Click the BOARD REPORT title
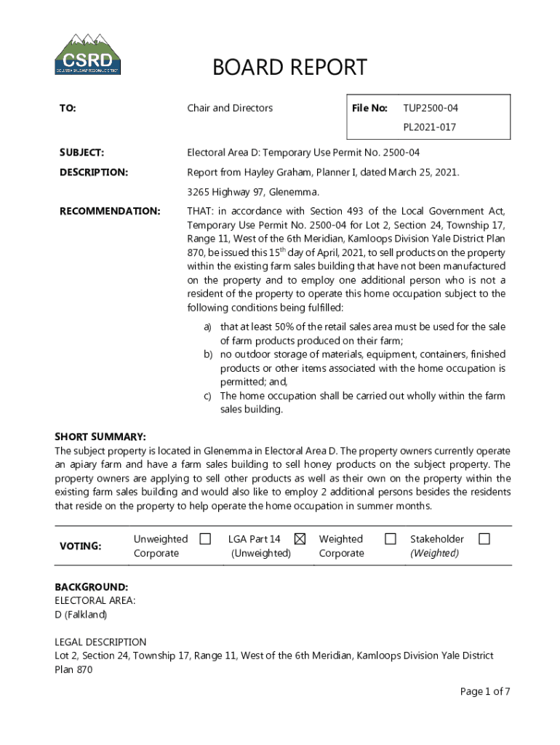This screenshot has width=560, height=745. pos(289,68)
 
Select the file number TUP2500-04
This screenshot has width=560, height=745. pos(431,108)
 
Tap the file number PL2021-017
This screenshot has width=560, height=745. pos(430,127)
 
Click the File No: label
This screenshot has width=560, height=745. pos(369,108)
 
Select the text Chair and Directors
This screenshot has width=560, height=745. pos(230,108)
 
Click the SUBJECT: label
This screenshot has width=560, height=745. pos(81,153)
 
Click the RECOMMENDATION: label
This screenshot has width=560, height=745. pos(109,211)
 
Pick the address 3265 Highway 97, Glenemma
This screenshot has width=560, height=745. pos(253,192)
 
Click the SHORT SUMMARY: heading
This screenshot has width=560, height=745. pos(100,437)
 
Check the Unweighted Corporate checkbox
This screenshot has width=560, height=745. pos(206,539)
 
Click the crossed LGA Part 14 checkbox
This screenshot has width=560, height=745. pos(300,539)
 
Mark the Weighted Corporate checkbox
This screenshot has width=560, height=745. pos(391,539)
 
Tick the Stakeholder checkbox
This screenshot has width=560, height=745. pos(484,539)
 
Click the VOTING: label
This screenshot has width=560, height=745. pos(80,546)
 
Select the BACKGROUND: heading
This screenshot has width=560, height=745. pos(92,586)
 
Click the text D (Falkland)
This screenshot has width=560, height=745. pos(81,615)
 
